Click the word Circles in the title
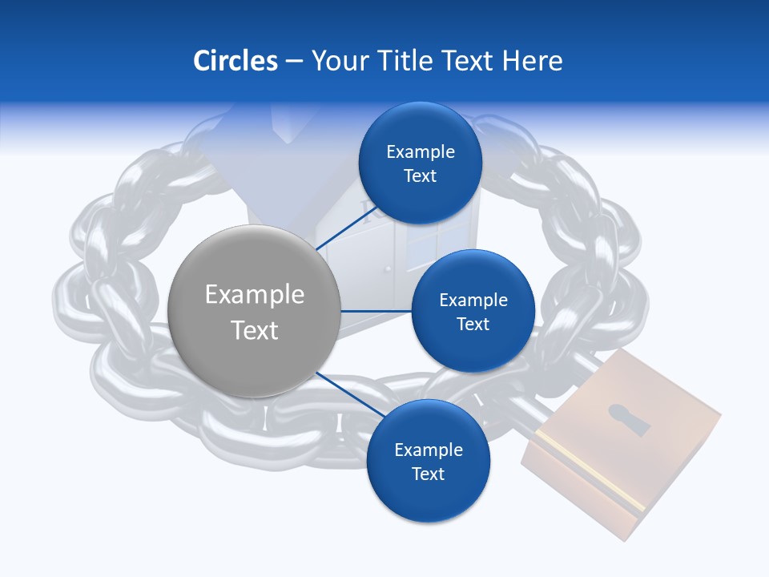click(x=235, y=61)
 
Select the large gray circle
click(x=254, y=311)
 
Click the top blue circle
click(x=420, y=163)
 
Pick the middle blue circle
click(x=473, y=311)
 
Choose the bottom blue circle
click(x=428, y=461)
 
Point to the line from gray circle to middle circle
click(x=376, y=311)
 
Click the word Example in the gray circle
click(x=254, y=295)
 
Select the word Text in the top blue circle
click(x=420, y=176)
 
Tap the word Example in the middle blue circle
click(x=473, y=301)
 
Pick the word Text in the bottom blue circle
click(x=428, y=474)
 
